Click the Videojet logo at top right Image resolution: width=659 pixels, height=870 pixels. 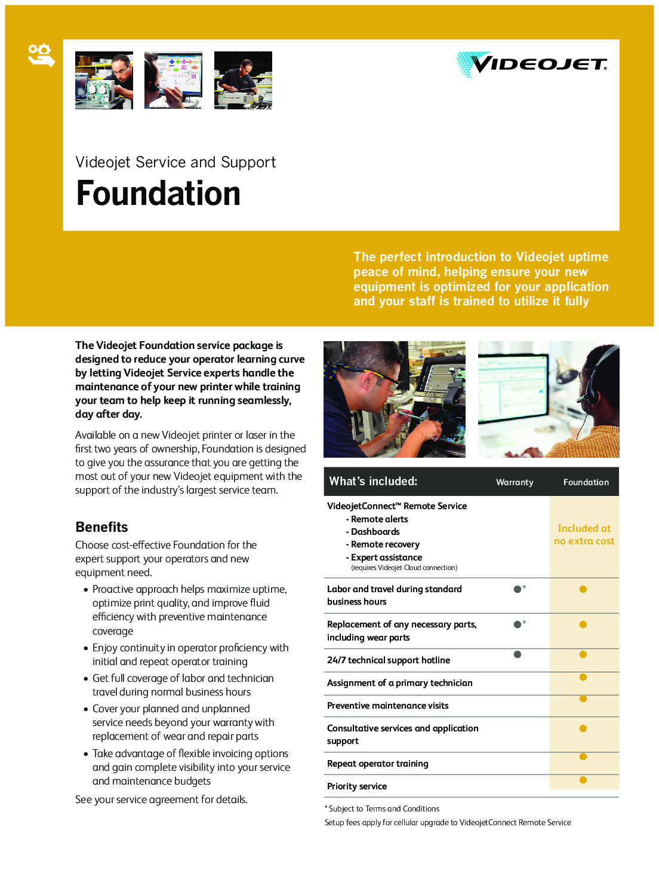click(532, 64)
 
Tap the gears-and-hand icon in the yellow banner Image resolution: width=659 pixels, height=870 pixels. click(41, 55)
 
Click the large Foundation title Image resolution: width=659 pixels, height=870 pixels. click(158, 194)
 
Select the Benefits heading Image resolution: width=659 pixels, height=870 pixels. click(101, 527)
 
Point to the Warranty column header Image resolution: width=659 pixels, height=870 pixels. click(515, 482)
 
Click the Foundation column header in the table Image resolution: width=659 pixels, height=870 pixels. click(586, 482)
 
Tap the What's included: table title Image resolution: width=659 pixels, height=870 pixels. click(373, 482)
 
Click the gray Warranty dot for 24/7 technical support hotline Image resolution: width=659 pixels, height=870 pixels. click(518, 654)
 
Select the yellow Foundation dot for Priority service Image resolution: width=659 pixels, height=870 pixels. click(583, 780)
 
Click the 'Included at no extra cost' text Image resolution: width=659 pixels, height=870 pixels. click(584, 535)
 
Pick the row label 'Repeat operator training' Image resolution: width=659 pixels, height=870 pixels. click(377, 764)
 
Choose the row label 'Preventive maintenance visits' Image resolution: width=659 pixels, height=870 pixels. click(387, 706)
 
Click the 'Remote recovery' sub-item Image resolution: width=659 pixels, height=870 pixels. click(385, 544)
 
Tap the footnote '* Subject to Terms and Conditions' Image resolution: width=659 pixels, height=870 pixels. click(382, 808)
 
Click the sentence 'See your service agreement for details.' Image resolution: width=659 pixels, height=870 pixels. click(161, 799)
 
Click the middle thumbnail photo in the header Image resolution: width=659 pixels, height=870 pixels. click(173, 80)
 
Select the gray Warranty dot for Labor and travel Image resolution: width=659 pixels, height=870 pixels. click(518, 589)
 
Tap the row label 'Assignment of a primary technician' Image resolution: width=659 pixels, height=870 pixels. click(399, 683)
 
